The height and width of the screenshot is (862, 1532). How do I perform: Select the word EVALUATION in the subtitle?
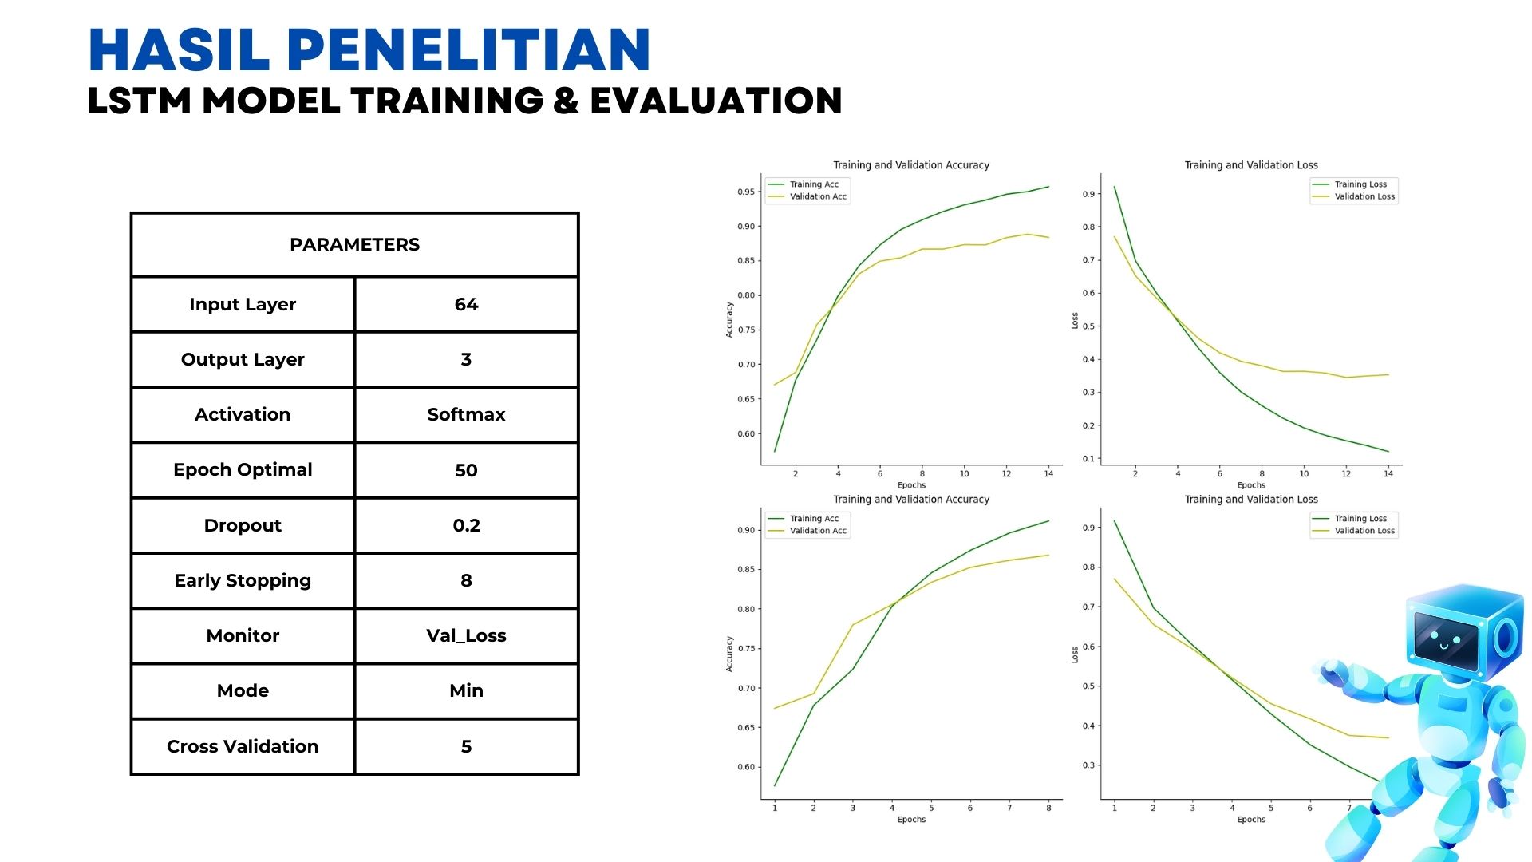[716, 101]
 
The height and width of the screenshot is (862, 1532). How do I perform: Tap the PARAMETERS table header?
[354, 244]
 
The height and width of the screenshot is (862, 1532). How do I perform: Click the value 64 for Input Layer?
[466, 304]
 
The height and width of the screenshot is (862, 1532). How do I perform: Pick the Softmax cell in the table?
[466, 414]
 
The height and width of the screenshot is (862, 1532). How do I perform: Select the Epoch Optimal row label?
[243, 469]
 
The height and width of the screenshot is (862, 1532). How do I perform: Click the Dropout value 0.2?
[466, 525]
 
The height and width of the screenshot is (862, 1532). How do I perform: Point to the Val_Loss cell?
[466, 635]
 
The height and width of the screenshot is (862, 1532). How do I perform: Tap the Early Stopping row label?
[243, 580]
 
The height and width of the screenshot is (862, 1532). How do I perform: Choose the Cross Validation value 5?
[466, 746]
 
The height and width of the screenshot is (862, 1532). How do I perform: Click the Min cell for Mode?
[466, 690]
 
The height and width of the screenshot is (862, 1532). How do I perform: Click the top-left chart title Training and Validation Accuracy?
[911, 165]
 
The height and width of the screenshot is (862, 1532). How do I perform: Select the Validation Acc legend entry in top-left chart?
[817, 196]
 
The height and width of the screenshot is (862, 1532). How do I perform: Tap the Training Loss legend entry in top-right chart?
[1360, 184]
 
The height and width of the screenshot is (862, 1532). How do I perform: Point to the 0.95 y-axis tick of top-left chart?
[745, 192]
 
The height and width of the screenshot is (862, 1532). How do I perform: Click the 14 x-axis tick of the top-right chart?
[1388, 473]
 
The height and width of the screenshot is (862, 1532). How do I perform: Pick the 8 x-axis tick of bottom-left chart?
[1048, 808]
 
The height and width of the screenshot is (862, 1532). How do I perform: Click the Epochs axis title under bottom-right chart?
[1251, 820]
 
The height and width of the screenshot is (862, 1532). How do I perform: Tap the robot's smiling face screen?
[1444, 639]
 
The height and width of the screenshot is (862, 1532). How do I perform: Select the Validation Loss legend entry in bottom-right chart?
[1364, 531]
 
